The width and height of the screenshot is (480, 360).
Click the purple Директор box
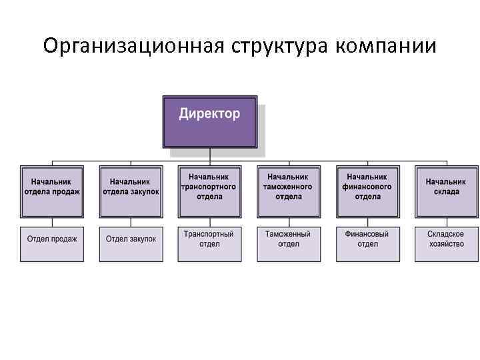click(209, 121)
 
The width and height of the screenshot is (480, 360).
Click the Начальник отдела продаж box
click(52, 190)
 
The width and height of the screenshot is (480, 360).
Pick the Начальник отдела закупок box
click(131, 190)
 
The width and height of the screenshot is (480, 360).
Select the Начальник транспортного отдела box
click(209, 190)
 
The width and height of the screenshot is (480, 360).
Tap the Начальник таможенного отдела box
click(288, 190)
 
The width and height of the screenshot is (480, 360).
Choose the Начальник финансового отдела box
click(367, 190)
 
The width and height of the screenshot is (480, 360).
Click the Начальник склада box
click(445, 190)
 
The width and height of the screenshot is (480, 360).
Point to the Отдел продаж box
click(52, 243)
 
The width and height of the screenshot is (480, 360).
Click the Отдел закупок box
click(131, 243)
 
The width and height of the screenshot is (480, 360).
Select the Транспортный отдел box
click(209, 243)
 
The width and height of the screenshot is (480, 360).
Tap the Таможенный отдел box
click(288, 243)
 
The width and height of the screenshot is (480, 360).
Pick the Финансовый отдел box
click(367, 243)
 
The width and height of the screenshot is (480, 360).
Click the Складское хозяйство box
click(445, 243)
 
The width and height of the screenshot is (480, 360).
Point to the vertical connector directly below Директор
click(209, 155)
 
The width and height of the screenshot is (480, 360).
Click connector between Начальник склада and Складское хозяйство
click(445, 222)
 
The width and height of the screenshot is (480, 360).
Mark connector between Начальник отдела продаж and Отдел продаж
click(52, 222)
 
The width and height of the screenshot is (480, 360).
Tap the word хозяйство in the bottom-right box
click(445, 245)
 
